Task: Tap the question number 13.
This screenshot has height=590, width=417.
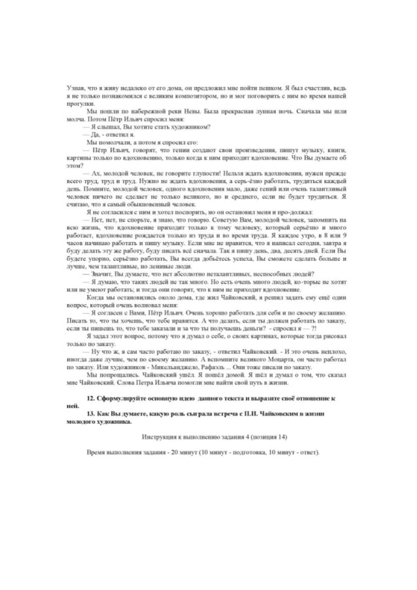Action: pyautogui.click(x=91, y=414)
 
